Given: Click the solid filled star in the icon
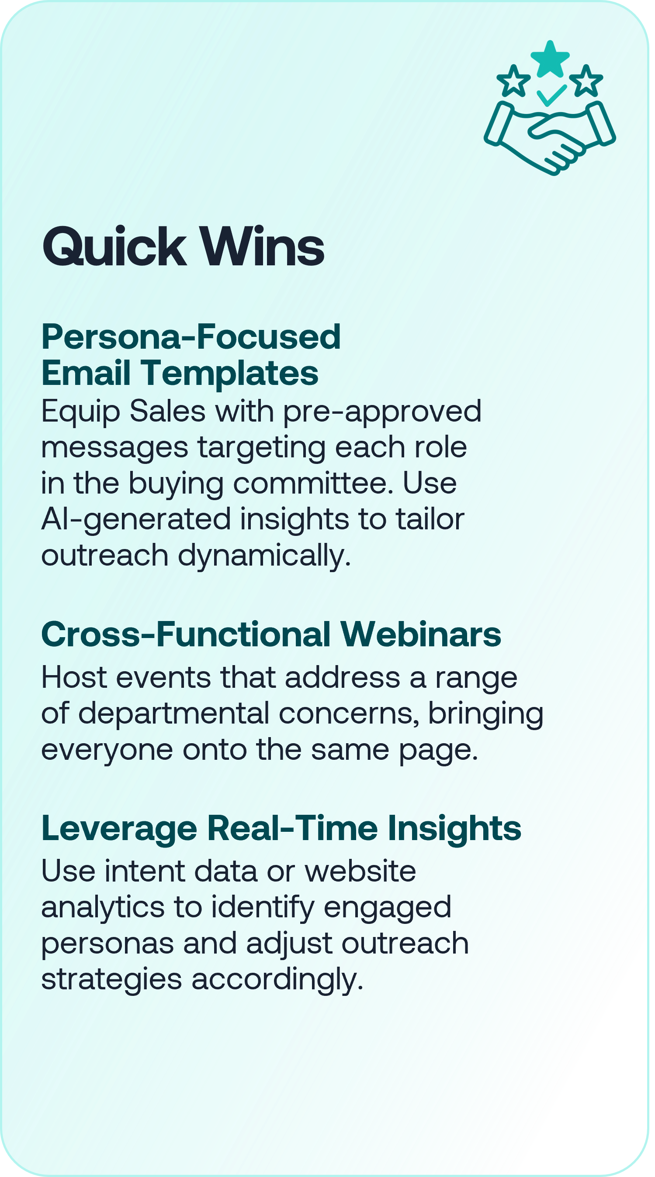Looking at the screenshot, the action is coord(550,59).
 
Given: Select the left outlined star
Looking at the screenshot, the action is coord(513,81).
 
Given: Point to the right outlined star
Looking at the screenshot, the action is coord(586,81).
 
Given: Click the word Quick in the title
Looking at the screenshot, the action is coord(114,247).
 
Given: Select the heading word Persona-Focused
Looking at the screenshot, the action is coord(191,337).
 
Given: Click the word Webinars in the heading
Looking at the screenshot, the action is coord(420,634).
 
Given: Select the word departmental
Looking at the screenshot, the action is coord(174,714).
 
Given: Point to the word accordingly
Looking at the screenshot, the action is coord(277,980).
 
